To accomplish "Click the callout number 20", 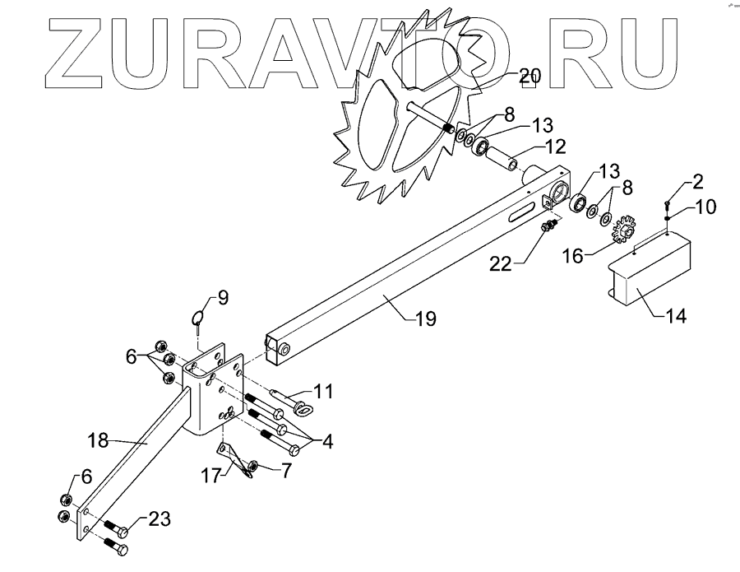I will point(530,77).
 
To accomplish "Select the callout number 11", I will point(322,391).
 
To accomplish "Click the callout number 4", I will point(327,441).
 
